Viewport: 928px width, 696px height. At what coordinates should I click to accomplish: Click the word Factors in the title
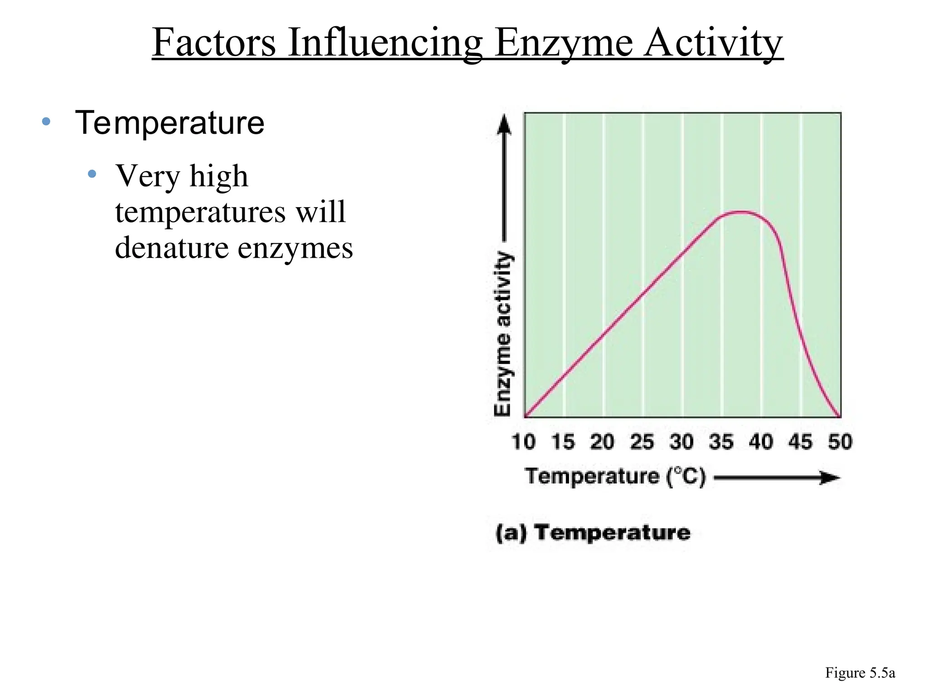click(214, 43)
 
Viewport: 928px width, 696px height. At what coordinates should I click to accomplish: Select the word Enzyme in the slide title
click(563, 43)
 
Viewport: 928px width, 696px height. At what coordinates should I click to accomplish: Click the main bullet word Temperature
click(169, 123)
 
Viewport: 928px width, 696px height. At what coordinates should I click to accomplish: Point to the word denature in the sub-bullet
click(172, 248)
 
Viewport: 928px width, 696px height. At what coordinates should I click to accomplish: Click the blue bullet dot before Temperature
click(46, 121)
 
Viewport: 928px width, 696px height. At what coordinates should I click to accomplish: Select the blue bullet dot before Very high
click(92, 174)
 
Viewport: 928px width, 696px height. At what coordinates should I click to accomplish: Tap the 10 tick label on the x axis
click(523, 442)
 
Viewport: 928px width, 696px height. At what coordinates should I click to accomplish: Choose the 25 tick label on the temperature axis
click(642, 442)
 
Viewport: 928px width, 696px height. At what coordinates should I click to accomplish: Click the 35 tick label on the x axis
click(721, 442)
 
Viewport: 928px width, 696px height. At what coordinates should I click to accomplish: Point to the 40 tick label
click(761, 442)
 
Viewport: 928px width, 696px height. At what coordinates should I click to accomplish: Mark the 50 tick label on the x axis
click(840, 442)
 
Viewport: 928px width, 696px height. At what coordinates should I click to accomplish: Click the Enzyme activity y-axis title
click(503, 333)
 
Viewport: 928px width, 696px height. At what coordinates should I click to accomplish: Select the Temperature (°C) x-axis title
click(615, 477)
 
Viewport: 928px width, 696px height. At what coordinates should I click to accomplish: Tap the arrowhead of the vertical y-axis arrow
click(504, 124)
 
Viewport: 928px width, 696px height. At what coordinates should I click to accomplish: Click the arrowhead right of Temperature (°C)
click(830, 478)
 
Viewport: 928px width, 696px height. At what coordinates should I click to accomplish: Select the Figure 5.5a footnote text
click(860, 673)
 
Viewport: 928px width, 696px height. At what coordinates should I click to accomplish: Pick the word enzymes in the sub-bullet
click(295, 248)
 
